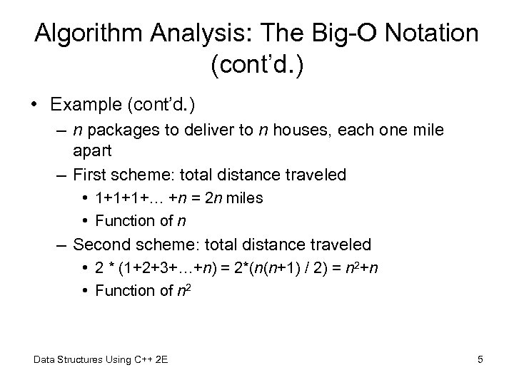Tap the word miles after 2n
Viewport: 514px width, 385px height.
[x=245, y=198]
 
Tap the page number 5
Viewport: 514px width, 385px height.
[x=480, y=359]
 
